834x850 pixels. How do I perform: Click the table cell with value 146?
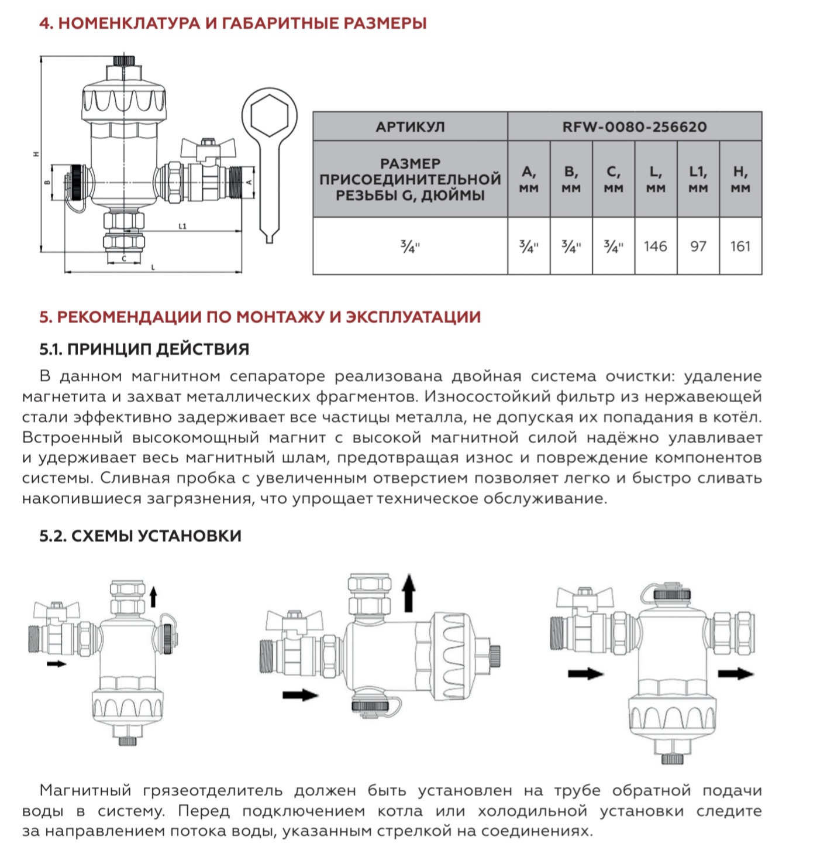pyautogui.click(x=655, y=246)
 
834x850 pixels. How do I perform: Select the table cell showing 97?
pyautogui.click(x=698, y=246)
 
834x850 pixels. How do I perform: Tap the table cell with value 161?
pyautogui.click(x=740, y=246)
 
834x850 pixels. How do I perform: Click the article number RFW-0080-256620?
pyautogui.click(x=634, y=126)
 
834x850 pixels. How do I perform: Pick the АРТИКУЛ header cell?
pyautogui.click(x=410, y=126)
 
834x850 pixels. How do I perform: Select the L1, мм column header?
pyautogui.click(x=698, y=179)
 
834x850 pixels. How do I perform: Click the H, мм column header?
pyautogui.click(x=740, y=179)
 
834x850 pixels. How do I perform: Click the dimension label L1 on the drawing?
pyautogui.click(x=182, y=227)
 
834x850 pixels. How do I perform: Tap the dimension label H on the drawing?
pyautogui.click(x=36, y=154)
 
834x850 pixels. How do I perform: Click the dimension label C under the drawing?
pyautogui.click(x=123, y=258)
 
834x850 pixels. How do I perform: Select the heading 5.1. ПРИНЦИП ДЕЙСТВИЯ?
pyautogui.click(x=144, y=349)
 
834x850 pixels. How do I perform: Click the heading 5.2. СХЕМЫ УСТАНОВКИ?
pyautogui.click(x=140, y=536)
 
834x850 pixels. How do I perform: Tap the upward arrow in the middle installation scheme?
pyautogui.click(x=409, y=592)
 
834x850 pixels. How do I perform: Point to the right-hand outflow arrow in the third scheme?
pyautogui.click(x=736, y=674)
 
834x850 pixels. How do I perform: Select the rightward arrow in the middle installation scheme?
pyautogui.click(x=300, y=695)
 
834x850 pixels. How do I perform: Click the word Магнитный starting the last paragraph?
pyautogui.click(x=85, y=791)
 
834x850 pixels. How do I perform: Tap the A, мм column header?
pyautogui.click(x=529, y=179)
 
